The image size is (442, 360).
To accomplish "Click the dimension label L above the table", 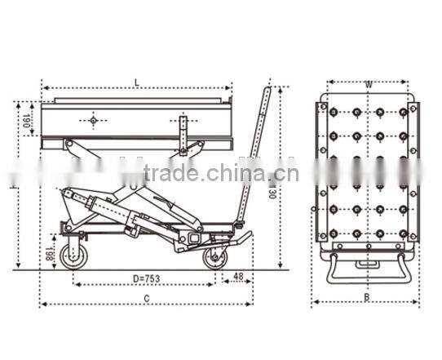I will tap(137, 80).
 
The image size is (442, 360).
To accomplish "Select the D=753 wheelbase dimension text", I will tap(147, 278).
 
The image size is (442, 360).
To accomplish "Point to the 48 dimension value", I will tap(238, 278).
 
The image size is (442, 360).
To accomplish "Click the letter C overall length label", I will tap(147, 299).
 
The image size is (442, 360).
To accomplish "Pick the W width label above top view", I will tap(369, 82).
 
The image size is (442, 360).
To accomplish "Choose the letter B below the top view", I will tap(366, 297).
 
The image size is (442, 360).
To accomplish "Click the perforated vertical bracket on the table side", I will tap(183, 135).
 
